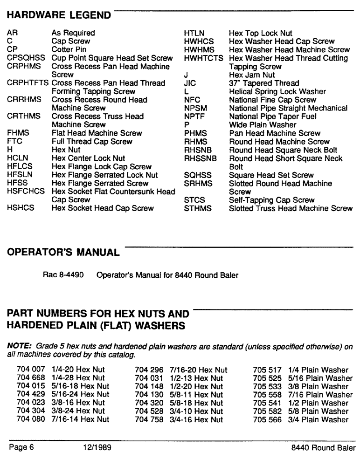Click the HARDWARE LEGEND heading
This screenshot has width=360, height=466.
(x=59, y=15)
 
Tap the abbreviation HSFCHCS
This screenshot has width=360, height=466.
(x=27, y=192)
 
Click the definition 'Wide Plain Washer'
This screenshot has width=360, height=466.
(x=263, y=125)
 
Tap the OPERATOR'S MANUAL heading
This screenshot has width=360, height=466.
(x=63, y=253)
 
